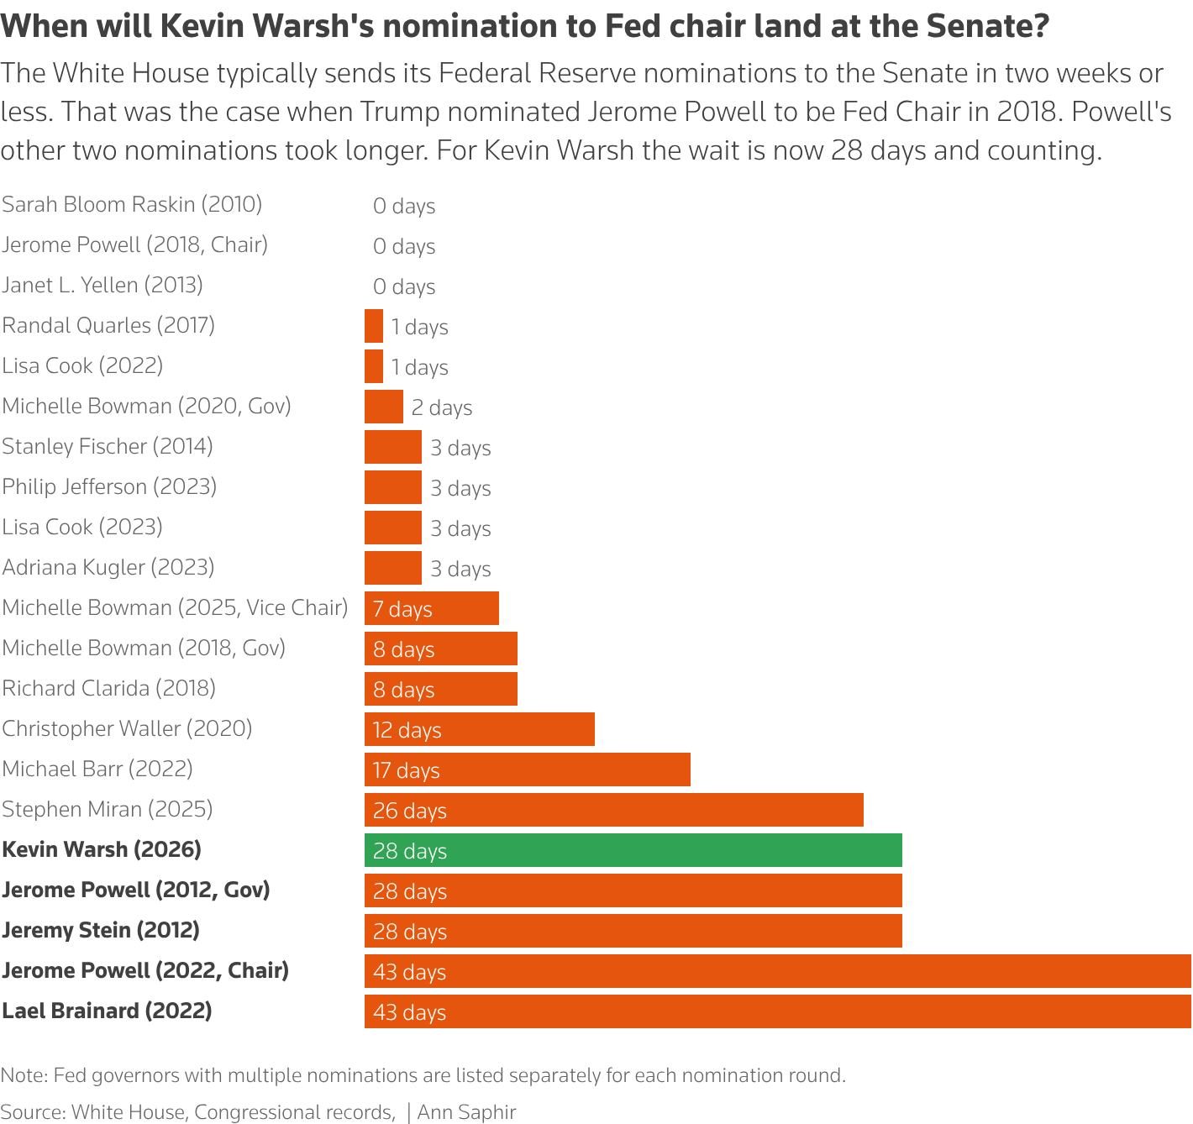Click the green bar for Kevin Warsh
633,850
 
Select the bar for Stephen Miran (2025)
613,810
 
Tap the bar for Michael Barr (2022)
527,769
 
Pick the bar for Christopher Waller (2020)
480,729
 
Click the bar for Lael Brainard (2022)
777,1011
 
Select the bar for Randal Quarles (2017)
374,326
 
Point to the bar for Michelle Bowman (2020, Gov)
383,407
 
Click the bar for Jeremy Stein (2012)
633,931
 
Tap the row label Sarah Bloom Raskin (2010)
132,205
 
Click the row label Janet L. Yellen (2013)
102,286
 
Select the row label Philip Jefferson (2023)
109,486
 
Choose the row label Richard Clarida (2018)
108,689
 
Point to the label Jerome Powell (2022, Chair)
145,971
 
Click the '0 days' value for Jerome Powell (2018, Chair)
403,246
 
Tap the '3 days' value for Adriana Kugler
460,569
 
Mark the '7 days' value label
402,609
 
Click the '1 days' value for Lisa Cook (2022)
420,367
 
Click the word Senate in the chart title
980,26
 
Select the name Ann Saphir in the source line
467,1112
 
